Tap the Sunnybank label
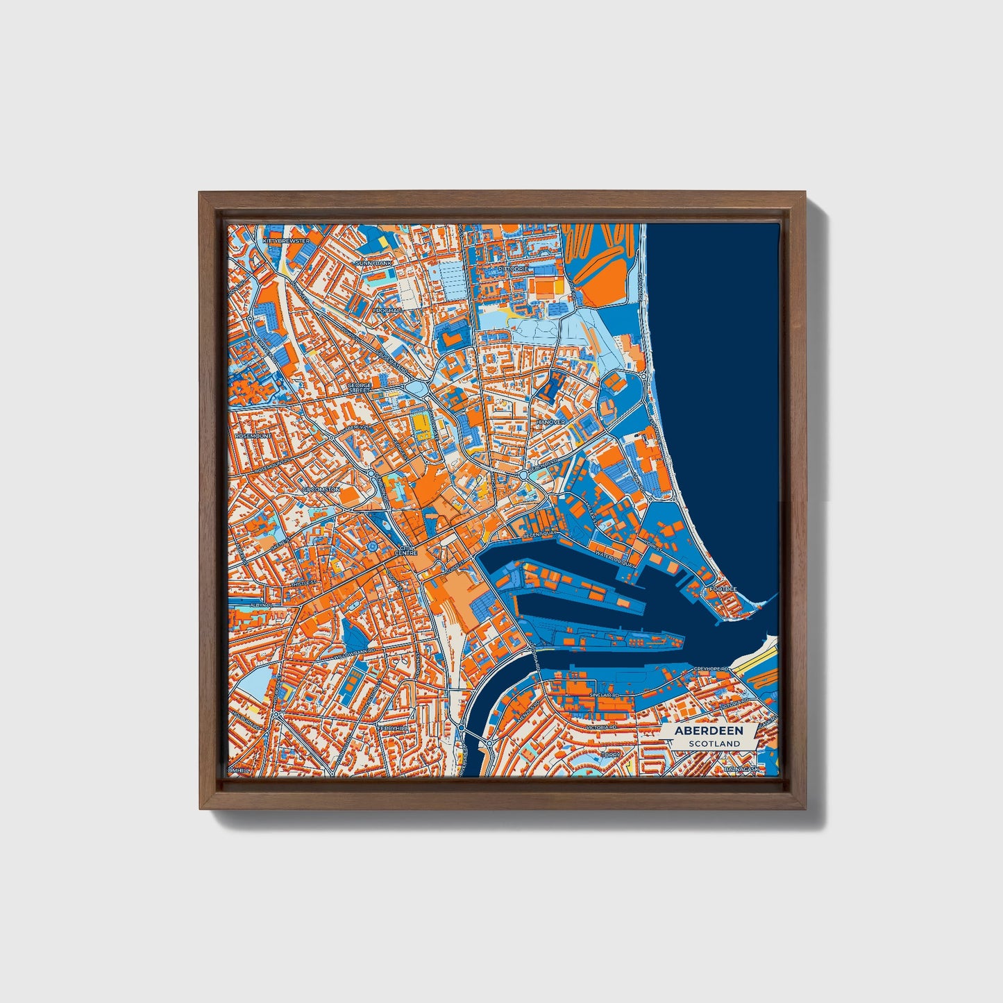pyautogui.click(x=374, y=264)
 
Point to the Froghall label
pyautogui.click(x=387, y=310)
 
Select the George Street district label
pyautogui.click(x=360, y=387)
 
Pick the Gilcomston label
pyautogui.click(x=321, y=489)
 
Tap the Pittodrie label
pyautogui.click(x=514, y=268)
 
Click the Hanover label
pyautogui.click(x=551, y=422)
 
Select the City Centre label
pyautogui.click(x=405, y=549)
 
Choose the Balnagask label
pyautogui.click(x=741, y=769)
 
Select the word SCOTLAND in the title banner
pyautogui.click(x=715, y=743)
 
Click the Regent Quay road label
pyautogui.click(x=540, y=535)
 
